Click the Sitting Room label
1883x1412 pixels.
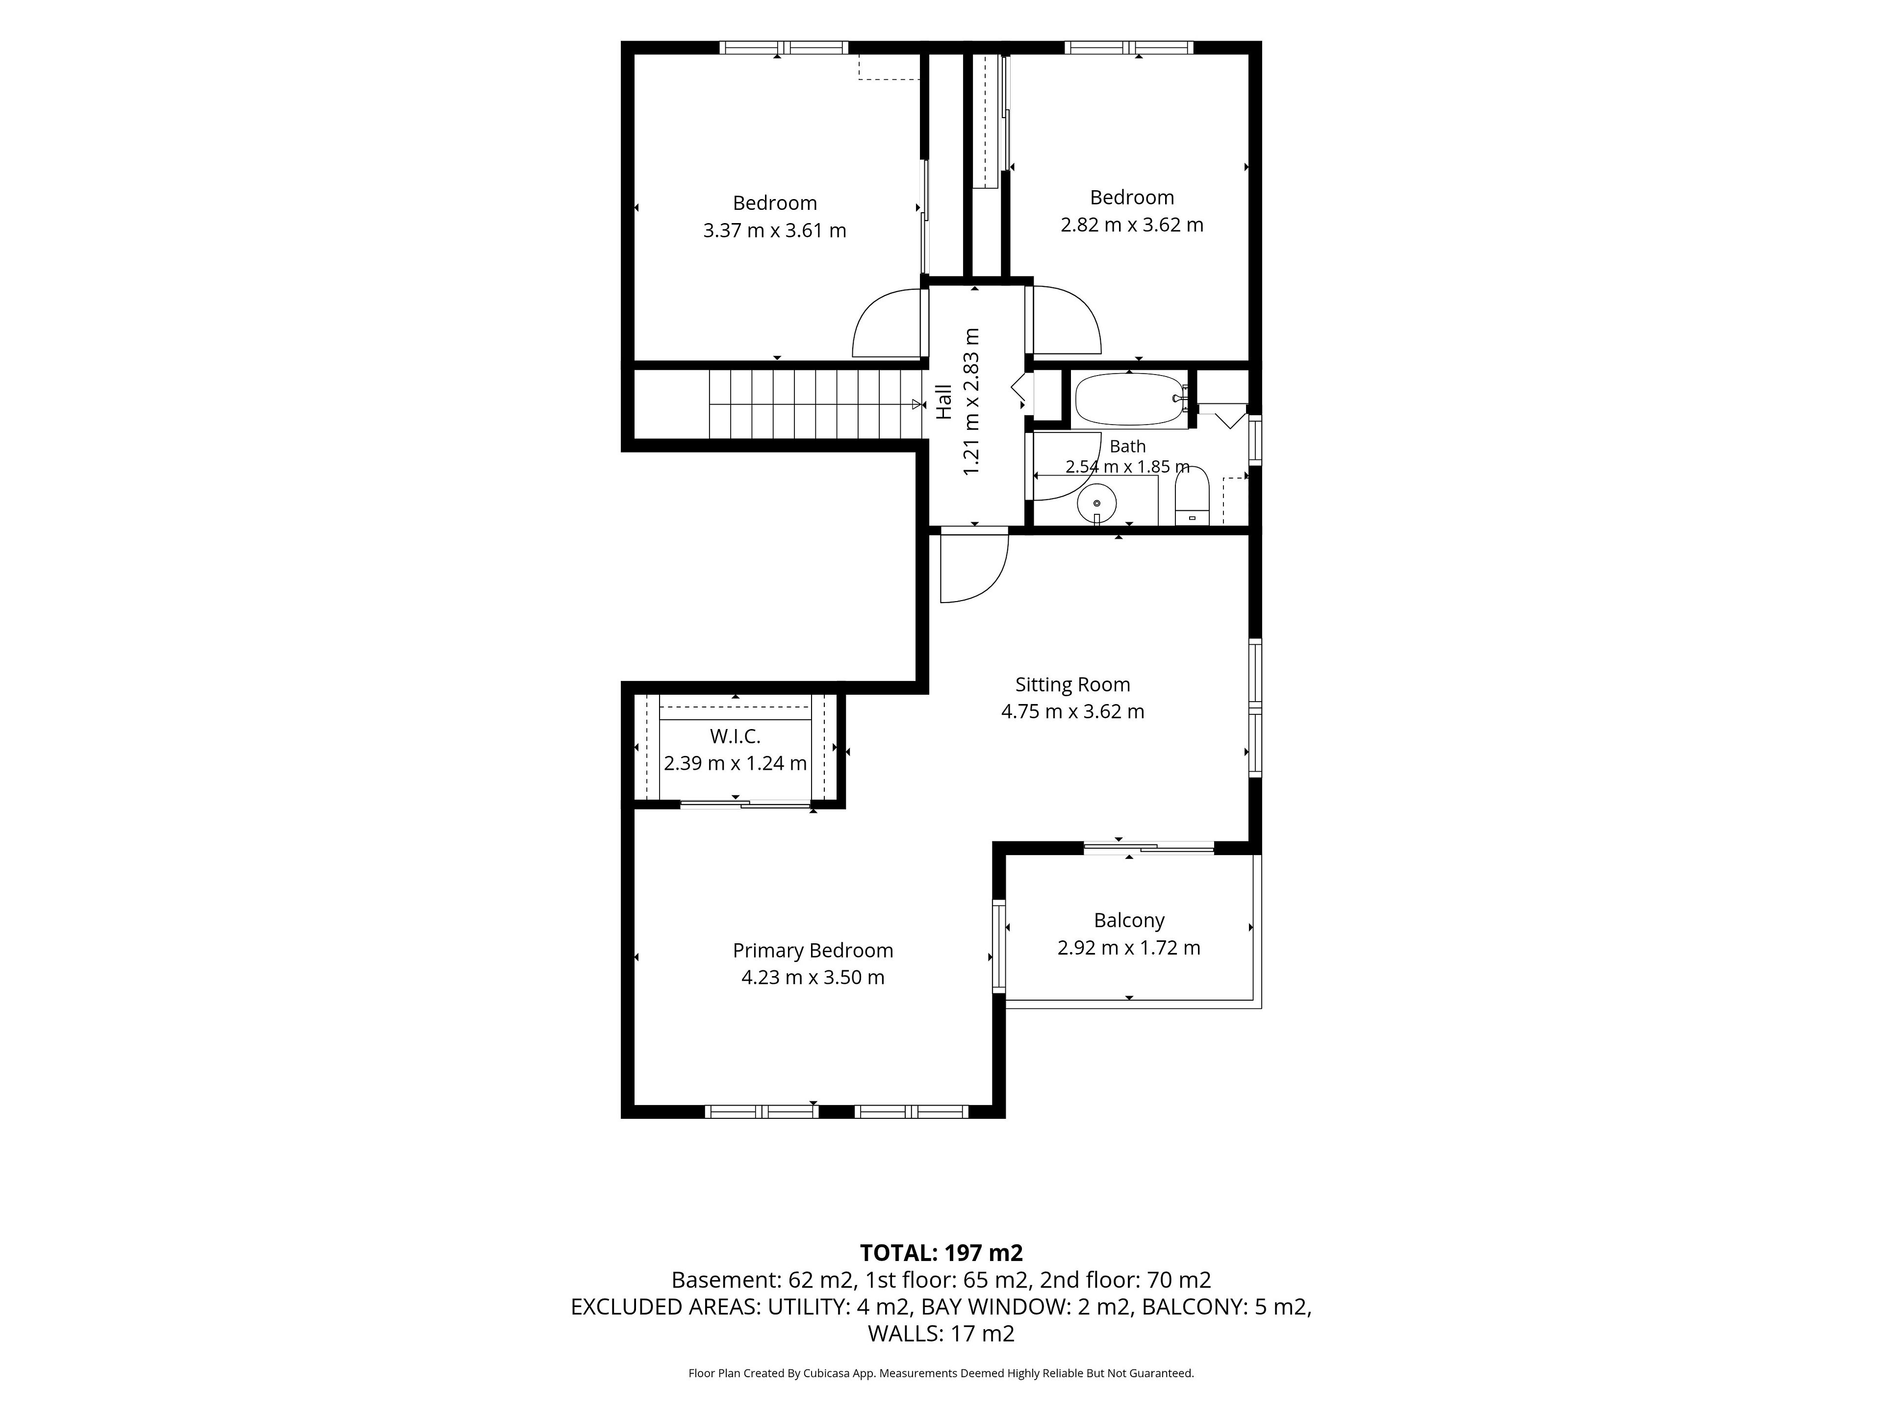1072,684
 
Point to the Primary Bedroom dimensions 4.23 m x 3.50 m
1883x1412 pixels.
813,977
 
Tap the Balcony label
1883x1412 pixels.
1129,920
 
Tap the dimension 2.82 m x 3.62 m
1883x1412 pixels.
1132,225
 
